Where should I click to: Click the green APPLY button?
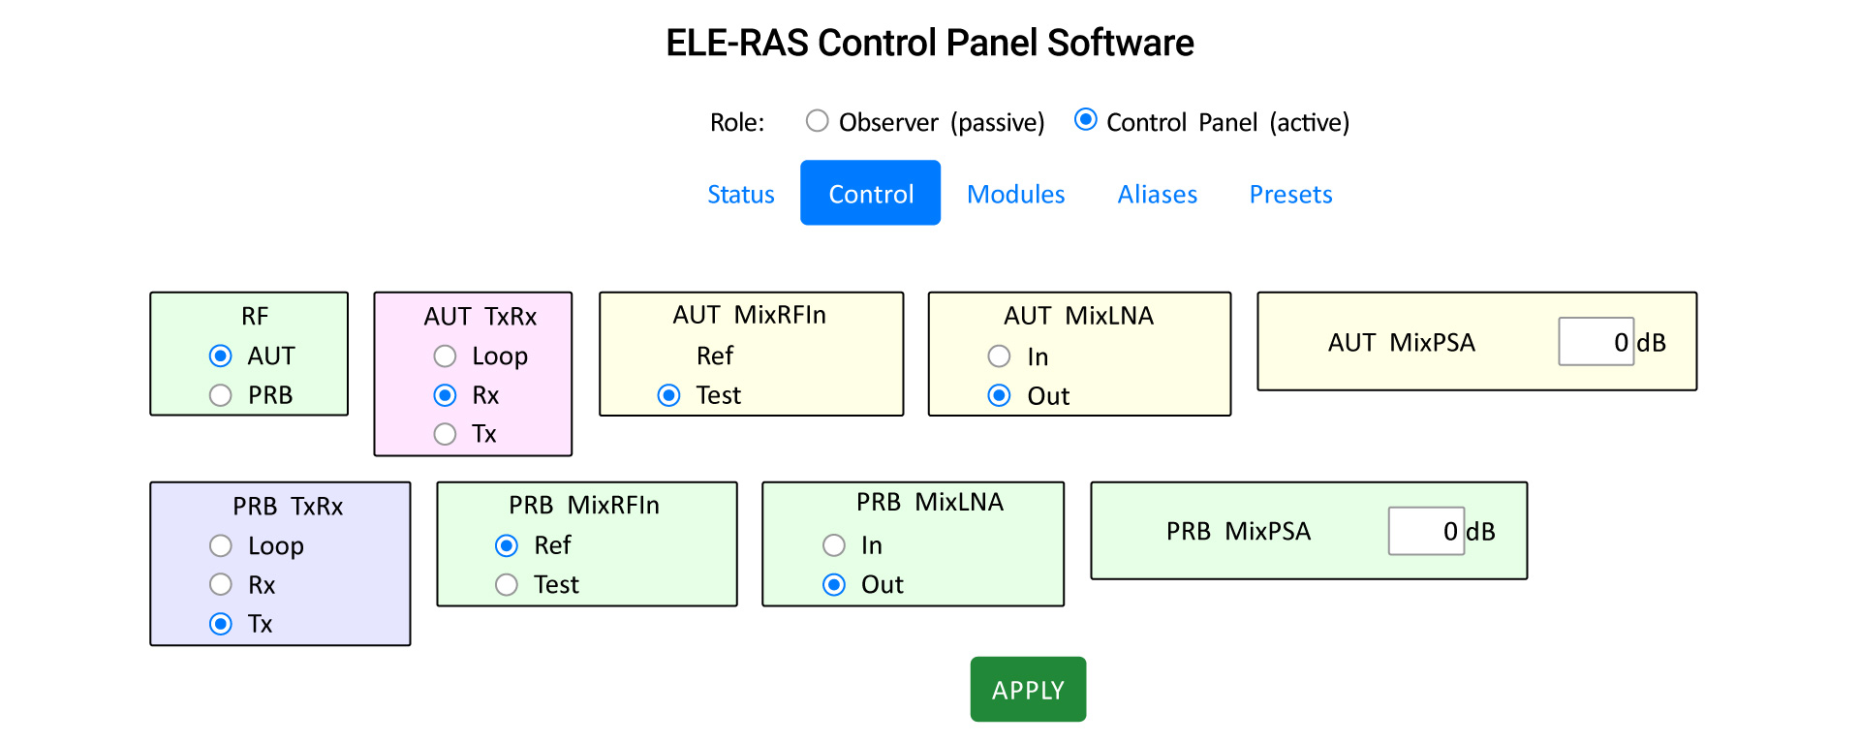click(x=1028, y=690)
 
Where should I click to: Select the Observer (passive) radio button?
click(x=818, y=121)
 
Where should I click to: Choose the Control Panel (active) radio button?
click(x=1086, y=120)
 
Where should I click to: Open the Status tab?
click(x=740, y=194)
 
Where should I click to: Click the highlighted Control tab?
click(x=870, y=194)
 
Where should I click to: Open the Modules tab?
click(x=1015, y=194)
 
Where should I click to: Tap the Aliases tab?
click(x=1157, y=194)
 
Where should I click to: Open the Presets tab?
click(x=1290, y=194)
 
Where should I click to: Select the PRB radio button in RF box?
click(x=221, y=395)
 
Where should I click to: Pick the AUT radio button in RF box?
click(x=221, y=356)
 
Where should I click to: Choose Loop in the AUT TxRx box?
click(x=445, y=356)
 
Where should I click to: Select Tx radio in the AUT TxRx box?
click(x=445, y=434)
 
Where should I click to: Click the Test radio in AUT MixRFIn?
click(x=668, y=395)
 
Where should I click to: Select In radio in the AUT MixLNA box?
click(x=999, y=356)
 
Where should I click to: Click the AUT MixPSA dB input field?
click(x=1595, y=342)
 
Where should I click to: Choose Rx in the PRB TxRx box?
click(x=221, y=584)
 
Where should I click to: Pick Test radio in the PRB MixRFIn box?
click(x=507, y=584)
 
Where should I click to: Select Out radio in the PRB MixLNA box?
click(x=834, y=584)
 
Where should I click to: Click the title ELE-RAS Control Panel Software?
click(x=929, y=43)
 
